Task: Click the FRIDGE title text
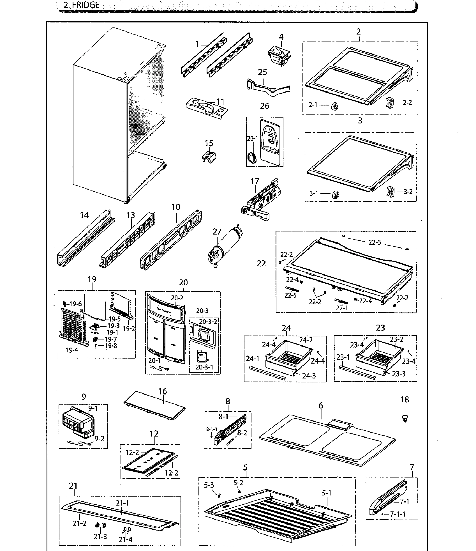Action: pyautogui.click(x=82, y=5)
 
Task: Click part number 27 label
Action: pyautogui.click(x=217, y=232)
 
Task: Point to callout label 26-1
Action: pyautogui.click(x=252, y=139)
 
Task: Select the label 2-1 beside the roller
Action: pyautogui.click(x=313, y=105)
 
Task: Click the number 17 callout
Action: pyautogui.click(x=255, y=181)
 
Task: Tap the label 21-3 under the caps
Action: pyautogui.click(x=100, y=536)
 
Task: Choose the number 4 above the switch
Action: pyautogui.click(x=281, y=37)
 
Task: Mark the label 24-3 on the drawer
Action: pyautogui.click(x=309, y=376)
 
